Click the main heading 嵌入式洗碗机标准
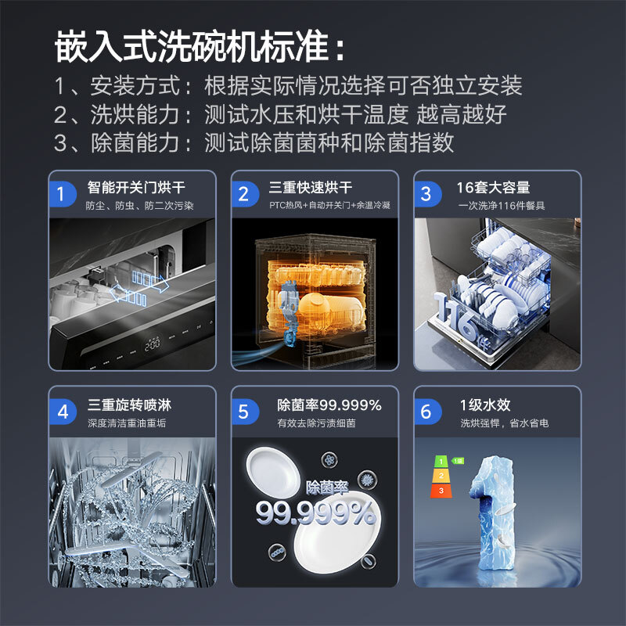coord(200,48)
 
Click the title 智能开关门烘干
coord(136,188)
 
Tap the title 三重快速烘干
coord(311,188)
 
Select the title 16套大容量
coord(494,188)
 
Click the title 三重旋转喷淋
coord(129,405)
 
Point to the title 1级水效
coord(485,405)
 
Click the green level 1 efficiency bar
coord(442,461)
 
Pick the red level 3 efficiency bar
coord(441,491)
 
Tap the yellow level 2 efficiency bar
coord(441,476)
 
